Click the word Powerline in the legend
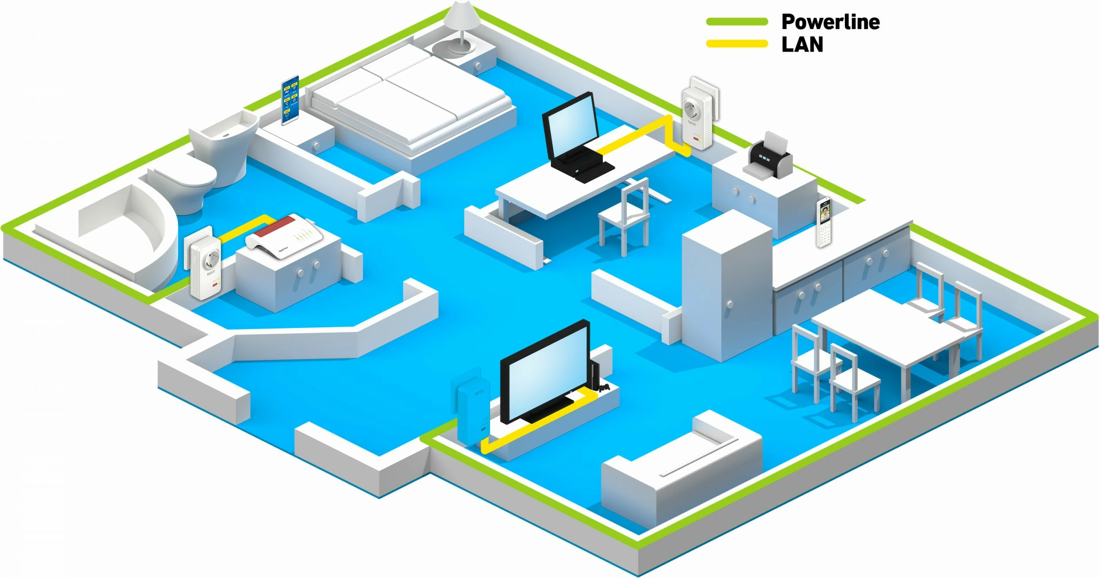click(830, 22)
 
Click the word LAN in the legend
click(802, 44)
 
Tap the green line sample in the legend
click(737, 21)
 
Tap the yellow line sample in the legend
click(737, 44)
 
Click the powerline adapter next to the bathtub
click(205, 267)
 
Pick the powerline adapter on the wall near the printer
click(697, 117)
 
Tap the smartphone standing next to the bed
click(290, 101)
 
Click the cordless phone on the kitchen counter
click(823, 222)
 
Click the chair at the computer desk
click(625, 218)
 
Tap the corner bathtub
click(120, 236)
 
